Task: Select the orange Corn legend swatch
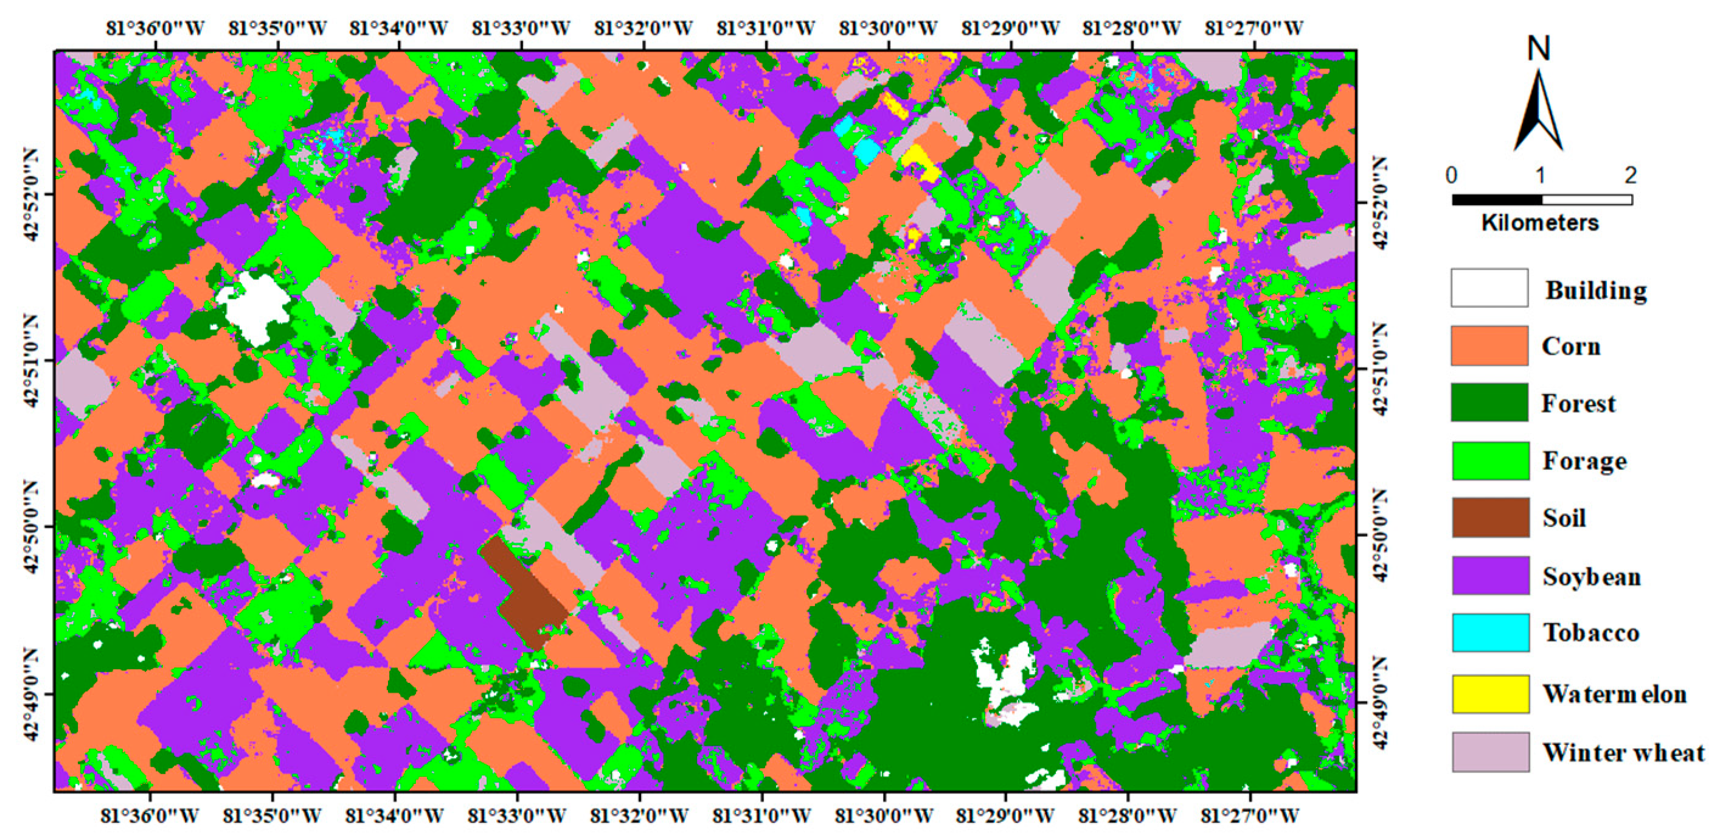coord(1489,346)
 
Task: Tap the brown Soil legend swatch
coord(1490,517)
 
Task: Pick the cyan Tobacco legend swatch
coord(1490,632)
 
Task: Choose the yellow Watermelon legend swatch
coord(1490,694)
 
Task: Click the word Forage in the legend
coord(1584,461)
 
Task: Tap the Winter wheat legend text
coord(1623,752)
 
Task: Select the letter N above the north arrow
coord(1539,49)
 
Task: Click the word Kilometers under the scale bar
coord(1540,223)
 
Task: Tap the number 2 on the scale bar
coord(1630,176)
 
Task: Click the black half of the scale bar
coord(1496,199)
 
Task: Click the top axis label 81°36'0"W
coord(154,29)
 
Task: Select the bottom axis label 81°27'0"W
coord(1250,816)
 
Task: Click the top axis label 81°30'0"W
coord(888,29)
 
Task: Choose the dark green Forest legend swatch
coord(1489,403)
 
